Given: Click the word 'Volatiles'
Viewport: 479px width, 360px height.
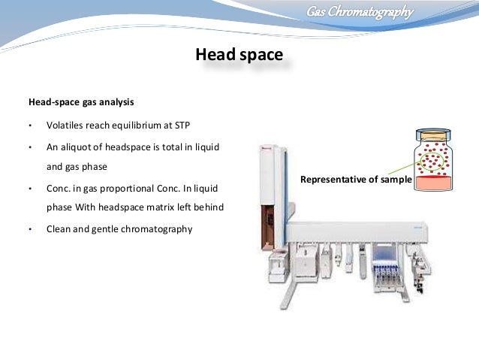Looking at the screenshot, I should point(65,126).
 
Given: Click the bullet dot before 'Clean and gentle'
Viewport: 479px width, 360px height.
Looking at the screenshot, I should point(30,229).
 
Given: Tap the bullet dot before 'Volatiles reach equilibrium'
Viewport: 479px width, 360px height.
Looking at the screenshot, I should point(30,126).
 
